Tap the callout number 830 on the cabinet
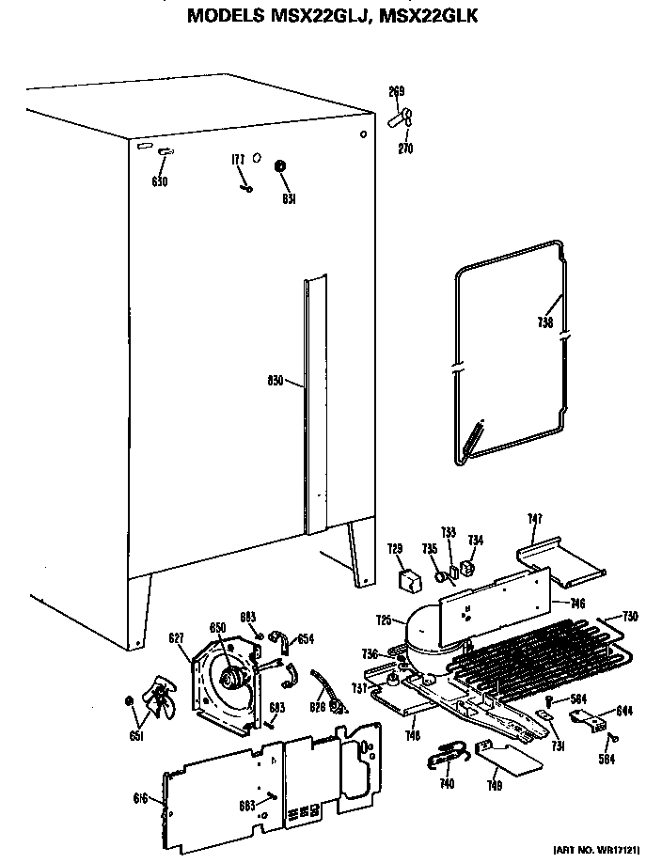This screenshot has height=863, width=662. (276, 381)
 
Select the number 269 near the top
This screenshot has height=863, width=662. (397, 91)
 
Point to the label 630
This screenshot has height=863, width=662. (159, 181)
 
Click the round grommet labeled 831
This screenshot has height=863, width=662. (279, 167)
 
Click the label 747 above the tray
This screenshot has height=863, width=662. (534, 518)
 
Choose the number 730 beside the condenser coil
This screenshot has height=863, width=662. (630, 616)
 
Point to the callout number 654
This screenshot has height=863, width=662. (306, 639)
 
